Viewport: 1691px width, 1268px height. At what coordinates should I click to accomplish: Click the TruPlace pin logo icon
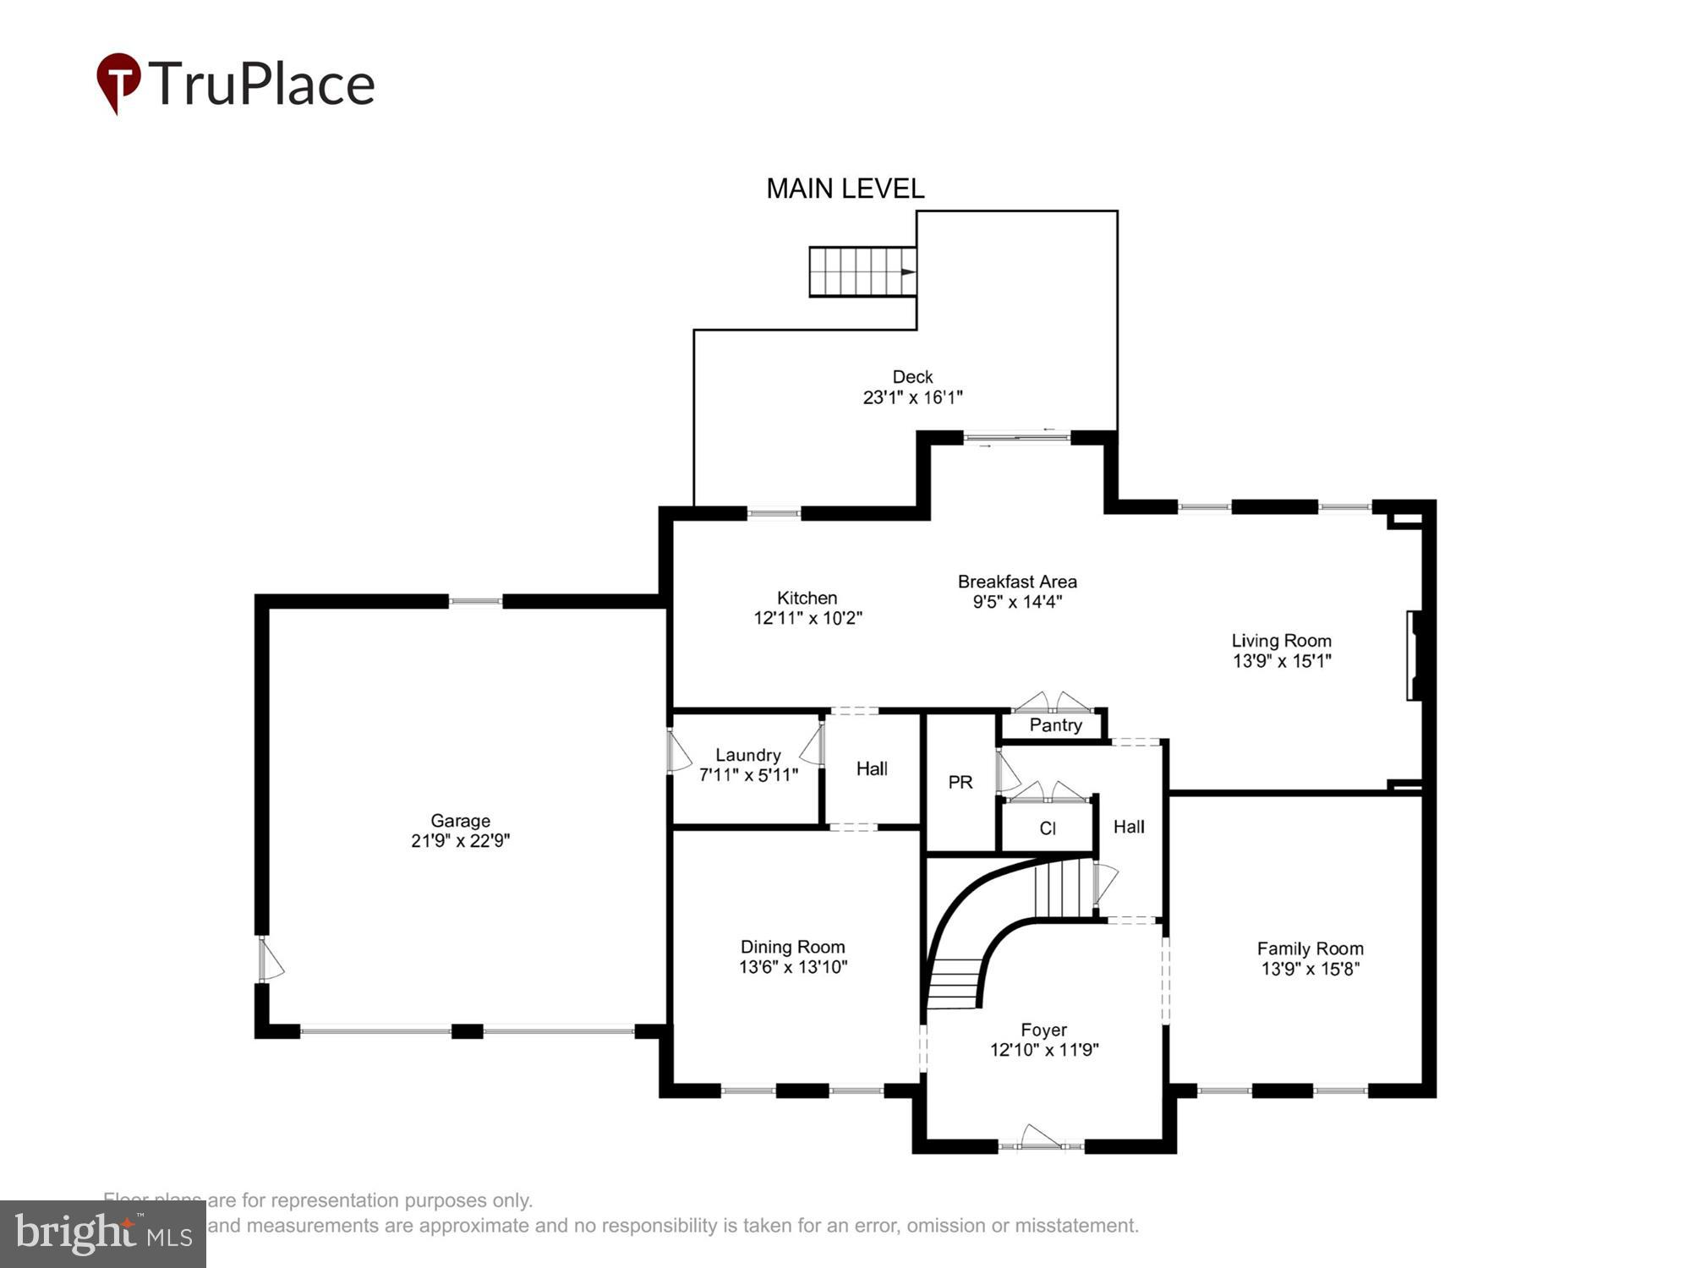(118, 81)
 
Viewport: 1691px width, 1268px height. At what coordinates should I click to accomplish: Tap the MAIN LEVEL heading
(845, 189)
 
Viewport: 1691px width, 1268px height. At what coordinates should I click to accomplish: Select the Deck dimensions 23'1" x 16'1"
(912, 397)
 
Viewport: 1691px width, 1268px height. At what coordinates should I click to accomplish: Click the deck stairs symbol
(862, 271)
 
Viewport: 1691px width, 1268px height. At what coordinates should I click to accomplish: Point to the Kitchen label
(807, 598)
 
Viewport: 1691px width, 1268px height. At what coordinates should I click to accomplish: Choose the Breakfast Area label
(1016, 582)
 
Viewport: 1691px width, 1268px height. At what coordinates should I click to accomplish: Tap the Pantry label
(1054, 725)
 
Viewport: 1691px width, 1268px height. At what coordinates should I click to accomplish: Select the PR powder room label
(960, 782)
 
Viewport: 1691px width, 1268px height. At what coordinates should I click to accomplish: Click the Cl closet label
(1047, 828)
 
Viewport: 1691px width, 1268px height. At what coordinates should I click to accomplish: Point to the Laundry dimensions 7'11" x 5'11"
(747, 774)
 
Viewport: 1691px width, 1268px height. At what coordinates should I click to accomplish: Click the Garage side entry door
(269, 959)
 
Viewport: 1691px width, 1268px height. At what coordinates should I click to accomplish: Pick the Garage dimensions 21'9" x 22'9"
(460, 840)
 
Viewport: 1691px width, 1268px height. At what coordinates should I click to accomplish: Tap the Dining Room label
(792, 947)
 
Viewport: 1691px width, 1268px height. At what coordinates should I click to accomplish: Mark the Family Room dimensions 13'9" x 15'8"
(1310, 969)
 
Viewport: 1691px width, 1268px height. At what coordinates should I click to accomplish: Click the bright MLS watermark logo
(103, 1234)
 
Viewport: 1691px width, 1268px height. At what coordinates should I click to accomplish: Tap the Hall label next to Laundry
(871, 768)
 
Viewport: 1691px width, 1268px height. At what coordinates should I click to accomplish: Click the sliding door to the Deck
(1016, 437)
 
